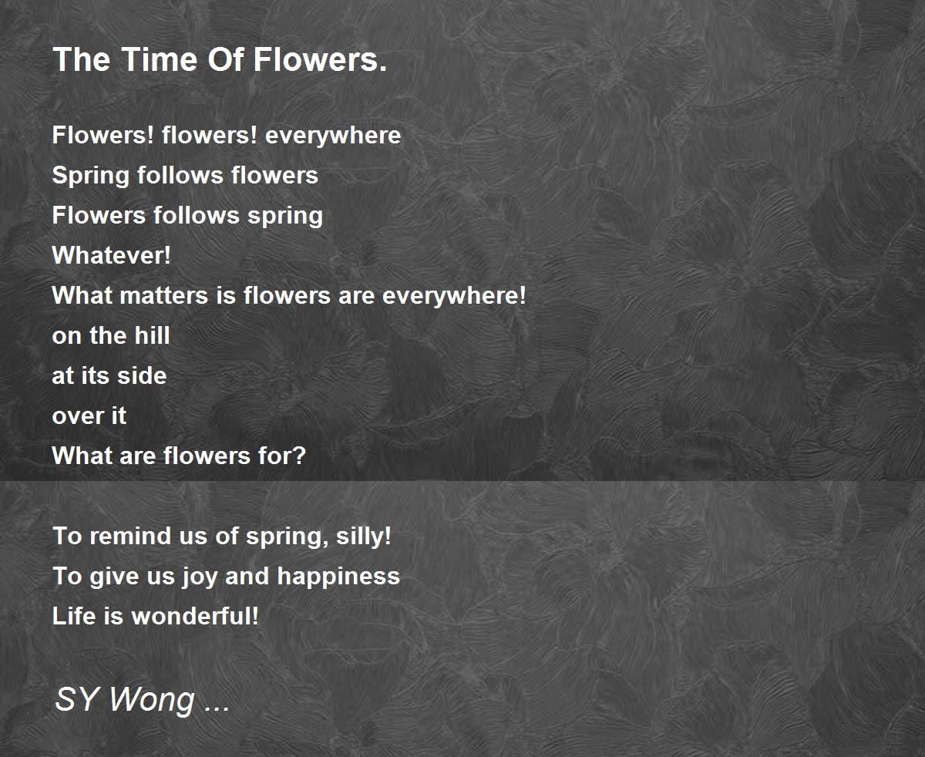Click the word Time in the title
click(160, 59)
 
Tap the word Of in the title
click(226, 59)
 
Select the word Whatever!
click(112, 255)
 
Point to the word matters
click(163, 295)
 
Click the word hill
click(152, 335)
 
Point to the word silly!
click(364, 536)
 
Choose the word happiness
click(338, 577)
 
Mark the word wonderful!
click(195, 616)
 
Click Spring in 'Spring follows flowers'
click(91, 177)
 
